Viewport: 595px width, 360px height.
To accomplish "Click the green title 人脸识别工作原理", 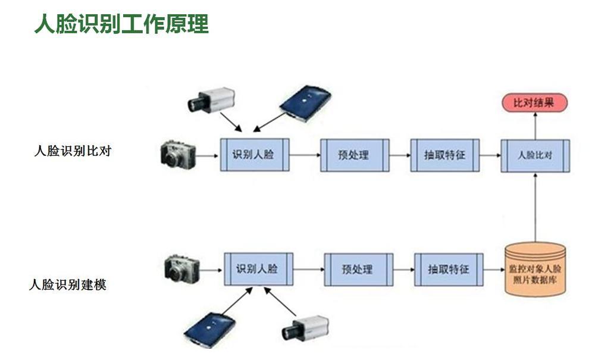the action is pyautogui.click(x=121, y=24).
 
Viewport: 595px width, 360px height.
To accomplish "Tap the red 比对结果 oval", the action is pyautogui.click(x=535, y=103).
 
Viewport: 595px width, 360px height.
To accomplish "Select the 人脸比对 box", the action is pyautogui.click(x=535, y=155).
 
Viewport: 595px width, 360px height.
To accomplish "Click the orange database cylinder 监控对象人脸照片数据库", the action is pyautogui.click(x=535, y=270).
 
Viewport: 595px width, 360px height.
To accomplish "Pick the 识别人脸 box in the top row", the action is pyautogui.click(x=255, y=155).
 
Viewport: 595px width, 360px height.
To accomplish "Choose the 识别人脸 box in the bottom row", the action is pyautogui.click(x=258, y=270).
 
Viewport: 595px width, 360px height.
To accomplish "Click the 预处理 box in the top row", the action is pyautogui.click(x=355, y=155).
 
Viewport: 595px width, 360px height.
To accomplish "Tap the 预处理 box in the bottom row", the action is pyautogui.click(x=359, y=270).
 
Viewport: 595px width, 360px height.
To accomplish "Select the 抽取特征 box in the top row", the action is pyautogui.click(x=444, y=155).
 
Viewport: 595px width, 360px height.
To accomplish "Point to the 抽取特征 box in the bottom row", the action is pyautogui.click(x=449, y=270).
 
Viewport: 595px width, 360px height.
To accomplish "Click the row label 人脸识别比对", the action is pyautogui.click(x=73, y=151).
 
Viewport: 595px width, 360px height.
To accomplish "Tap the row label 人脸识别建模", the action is pyautogui.click(x=68, y=284).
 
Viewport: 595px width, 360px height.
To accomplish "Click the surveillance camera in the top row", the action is pyautogui.click(x=211, y=100).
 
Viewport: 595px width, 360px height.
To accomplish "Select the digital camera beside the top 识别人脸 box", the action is pyautogui.click(x=178, y=155).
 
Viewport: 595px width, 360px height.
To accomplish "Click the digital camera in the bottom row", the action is pyautogui.click(x=182, y=268).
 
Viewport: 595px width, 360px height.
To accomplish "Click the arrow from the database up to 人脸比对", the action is pyautogui.click(x=535, y=208).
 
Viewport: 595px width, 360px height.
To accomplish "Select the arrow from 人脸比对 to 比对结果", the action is pyautogui.click(x=535, y=126).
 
